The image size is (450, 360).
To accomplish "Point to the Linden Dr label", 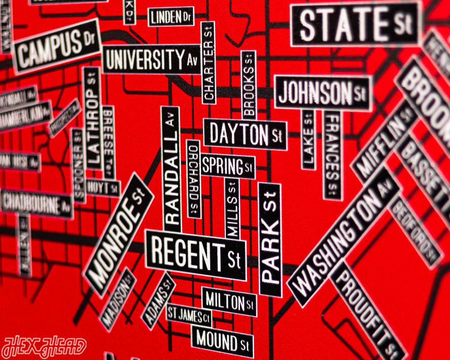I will [172, 18].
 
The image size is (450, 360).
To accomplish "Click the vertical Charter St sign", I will [209, 63].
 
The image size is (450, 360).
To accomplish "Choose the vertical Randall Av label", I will [171, 170].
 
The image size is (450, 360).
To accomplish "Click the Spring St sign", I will [227, 166].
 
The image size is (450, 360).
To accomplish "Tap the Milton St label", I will [229, 302].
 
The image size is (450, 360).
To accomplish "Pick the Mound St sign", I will [222, 340].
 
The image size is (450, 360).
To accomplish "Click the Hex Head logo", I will [44, 347].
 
